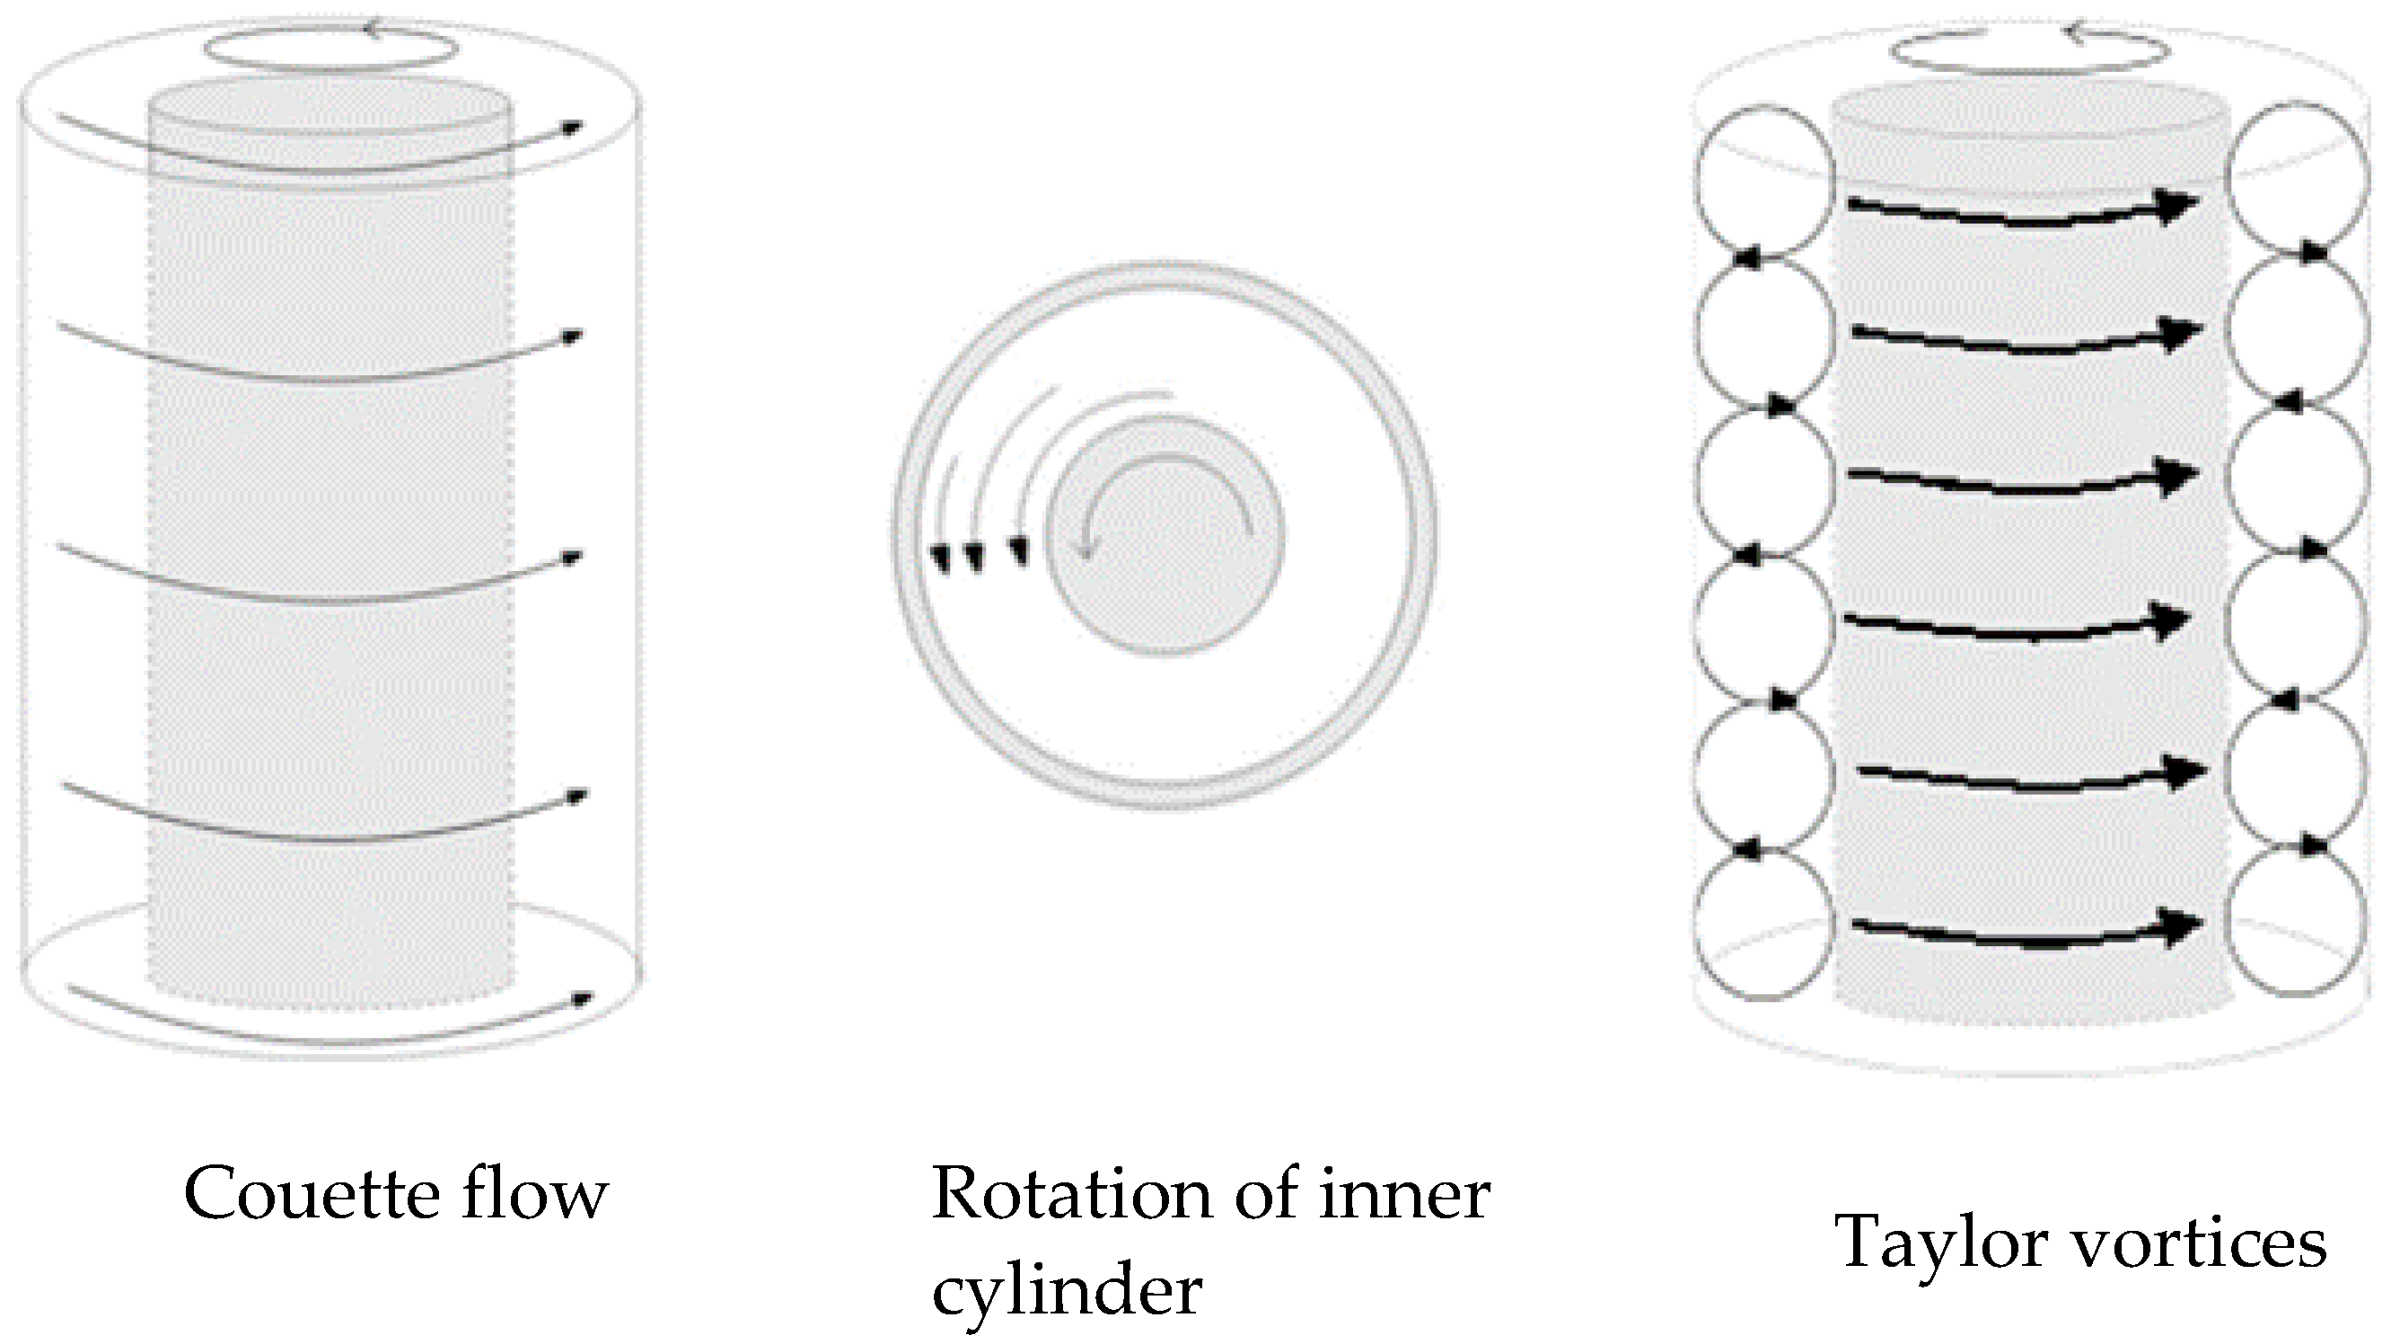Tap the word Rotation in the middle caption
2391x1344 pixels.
(1071, 1195)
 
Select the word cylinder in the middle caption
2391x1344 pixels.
(1067, 1292)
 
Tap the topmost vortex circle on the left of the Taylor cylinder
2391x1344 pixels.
(1764, 182)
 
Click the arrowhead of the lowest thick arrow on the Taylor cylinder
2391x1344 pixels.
(2181, 926)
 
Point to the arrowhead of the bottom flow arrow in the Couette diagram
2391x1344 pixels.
(583, 998)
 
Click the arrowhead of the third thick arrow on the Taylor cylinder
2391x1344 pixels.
(2177, 476)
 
